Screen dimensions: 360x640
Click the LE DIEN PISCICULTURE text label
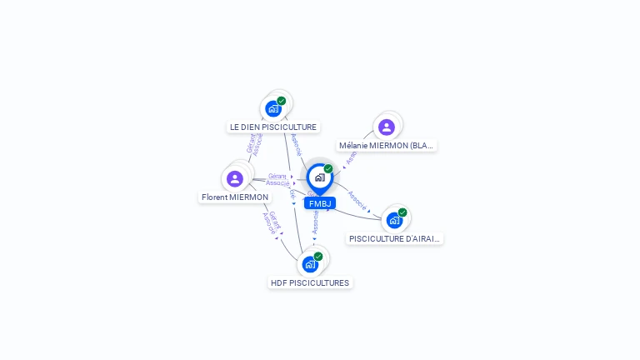[273, 127]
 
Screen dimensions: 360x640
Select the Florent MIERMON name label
[235, 197]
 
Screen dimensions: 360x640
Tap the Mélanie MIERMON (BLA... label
[387, 146]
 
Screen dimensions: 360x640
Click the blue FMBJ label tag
[319, 203]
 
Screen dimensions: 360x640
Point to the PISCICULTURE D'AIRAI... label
[395, 239]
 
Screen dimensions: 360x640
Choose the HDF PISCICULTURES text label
[310, 283]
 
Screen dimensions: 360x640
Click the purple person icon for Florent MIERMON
[235, 178]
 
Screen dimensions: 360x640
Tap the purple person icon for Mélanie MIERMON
[386, 127]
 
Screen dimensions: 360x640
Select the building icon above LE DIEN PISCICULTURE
[272, 108]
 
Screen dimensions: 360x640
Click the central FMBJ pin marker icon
[319, 177]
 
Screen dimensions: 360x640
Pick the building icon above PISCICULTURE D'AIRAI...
[394, 220]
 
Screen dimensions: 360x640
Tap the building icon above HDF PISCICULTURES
[310, 264]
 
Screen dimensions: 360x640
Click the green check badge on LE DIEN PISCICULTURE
[282, 101]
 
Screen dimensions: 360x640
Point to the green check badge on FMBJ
[328, 168]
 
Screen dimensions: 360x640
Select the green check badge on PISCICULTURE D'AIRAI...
[402, 212]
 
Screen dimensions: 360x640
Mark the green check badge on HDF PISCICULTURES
[318, 257]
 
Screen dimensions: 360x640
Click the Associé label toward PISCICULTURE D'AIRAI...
[357, 199]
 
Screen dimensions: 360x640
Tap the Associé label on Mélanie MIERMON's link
[351, 156]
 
